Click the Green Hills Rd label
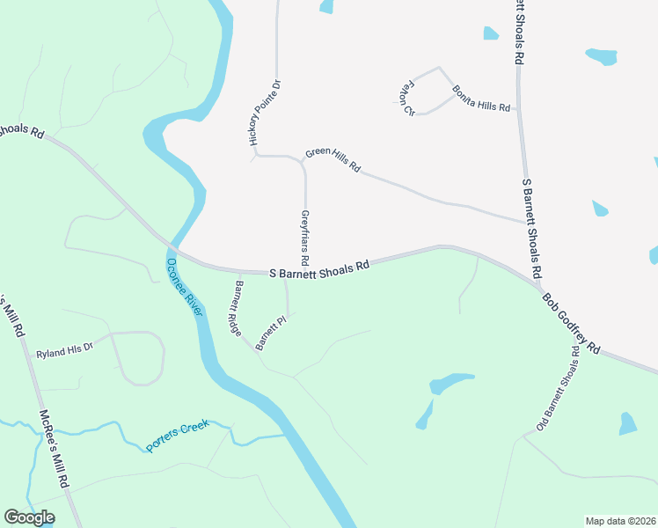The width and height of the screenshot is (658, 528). coord(333,158)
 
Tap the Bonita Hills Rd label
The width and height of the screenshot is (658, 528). coord(481,99)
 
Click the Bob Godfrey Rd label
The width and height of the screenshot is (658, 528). coord(570,323)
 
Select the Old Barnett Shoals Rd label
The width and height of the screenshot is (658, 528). coord(558,389)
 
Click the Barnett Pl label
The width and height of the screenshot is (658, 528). coord(272,335)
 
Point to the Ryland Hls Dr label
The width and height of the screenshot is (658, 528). coord(64,354)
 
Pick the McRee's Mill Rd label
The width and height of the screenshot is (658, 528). coord(54,449)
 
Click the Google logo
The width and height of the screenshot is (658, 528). coord(29,517)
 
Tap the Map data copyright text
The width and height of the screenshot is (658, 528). coord(619,521)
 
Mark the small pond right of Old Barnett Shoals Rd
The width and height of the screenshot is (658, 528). coord(627,423)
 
